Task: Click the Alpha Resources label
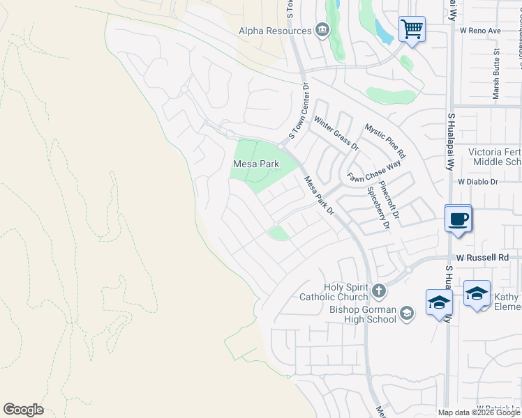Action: click(274, 31)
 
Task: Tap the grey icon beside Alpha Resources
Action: click(322, 29)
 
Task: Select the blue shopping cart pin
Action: click(412, 30)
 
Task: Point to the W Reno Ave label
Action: click(481, 31)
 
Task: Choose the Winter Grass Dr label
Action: click(336, 134)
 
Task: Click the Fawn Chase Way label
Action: click(375, 171)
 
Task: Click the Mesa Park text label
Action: click(255, 164)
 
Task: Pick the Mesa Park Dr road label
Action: click(320, 195)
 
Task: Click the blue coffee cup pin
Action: click(458, 219)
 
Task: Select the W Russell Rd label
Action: click(483, 257)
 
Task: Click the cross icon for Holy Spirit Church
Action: click(378, 290)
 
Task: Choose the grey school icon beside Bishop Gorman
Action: click(407, 315)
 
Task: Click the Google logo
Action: click(23, 410)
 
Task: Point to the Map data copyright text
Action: click(479, 412)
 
